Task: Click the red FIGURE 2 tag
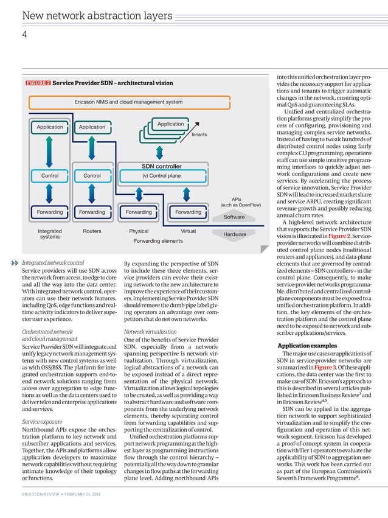coord(38,83)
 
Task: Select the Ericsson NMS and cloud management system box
coord(128,102)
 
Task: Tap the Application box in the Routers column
coord(92,127)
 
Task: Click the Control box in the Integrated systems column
coord(49,176)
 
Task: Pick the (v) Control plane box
coord(161,176)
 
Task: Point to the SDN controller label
coord(161,166)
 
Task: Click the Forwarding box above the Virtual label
coord(188,212)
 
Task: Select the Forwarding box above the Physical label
coord(139,212)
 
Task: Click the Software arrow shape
coord(234,217)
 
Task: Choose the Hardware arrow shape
coord(234,234)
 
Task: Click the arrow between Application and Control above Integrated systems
coord(49,152)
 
